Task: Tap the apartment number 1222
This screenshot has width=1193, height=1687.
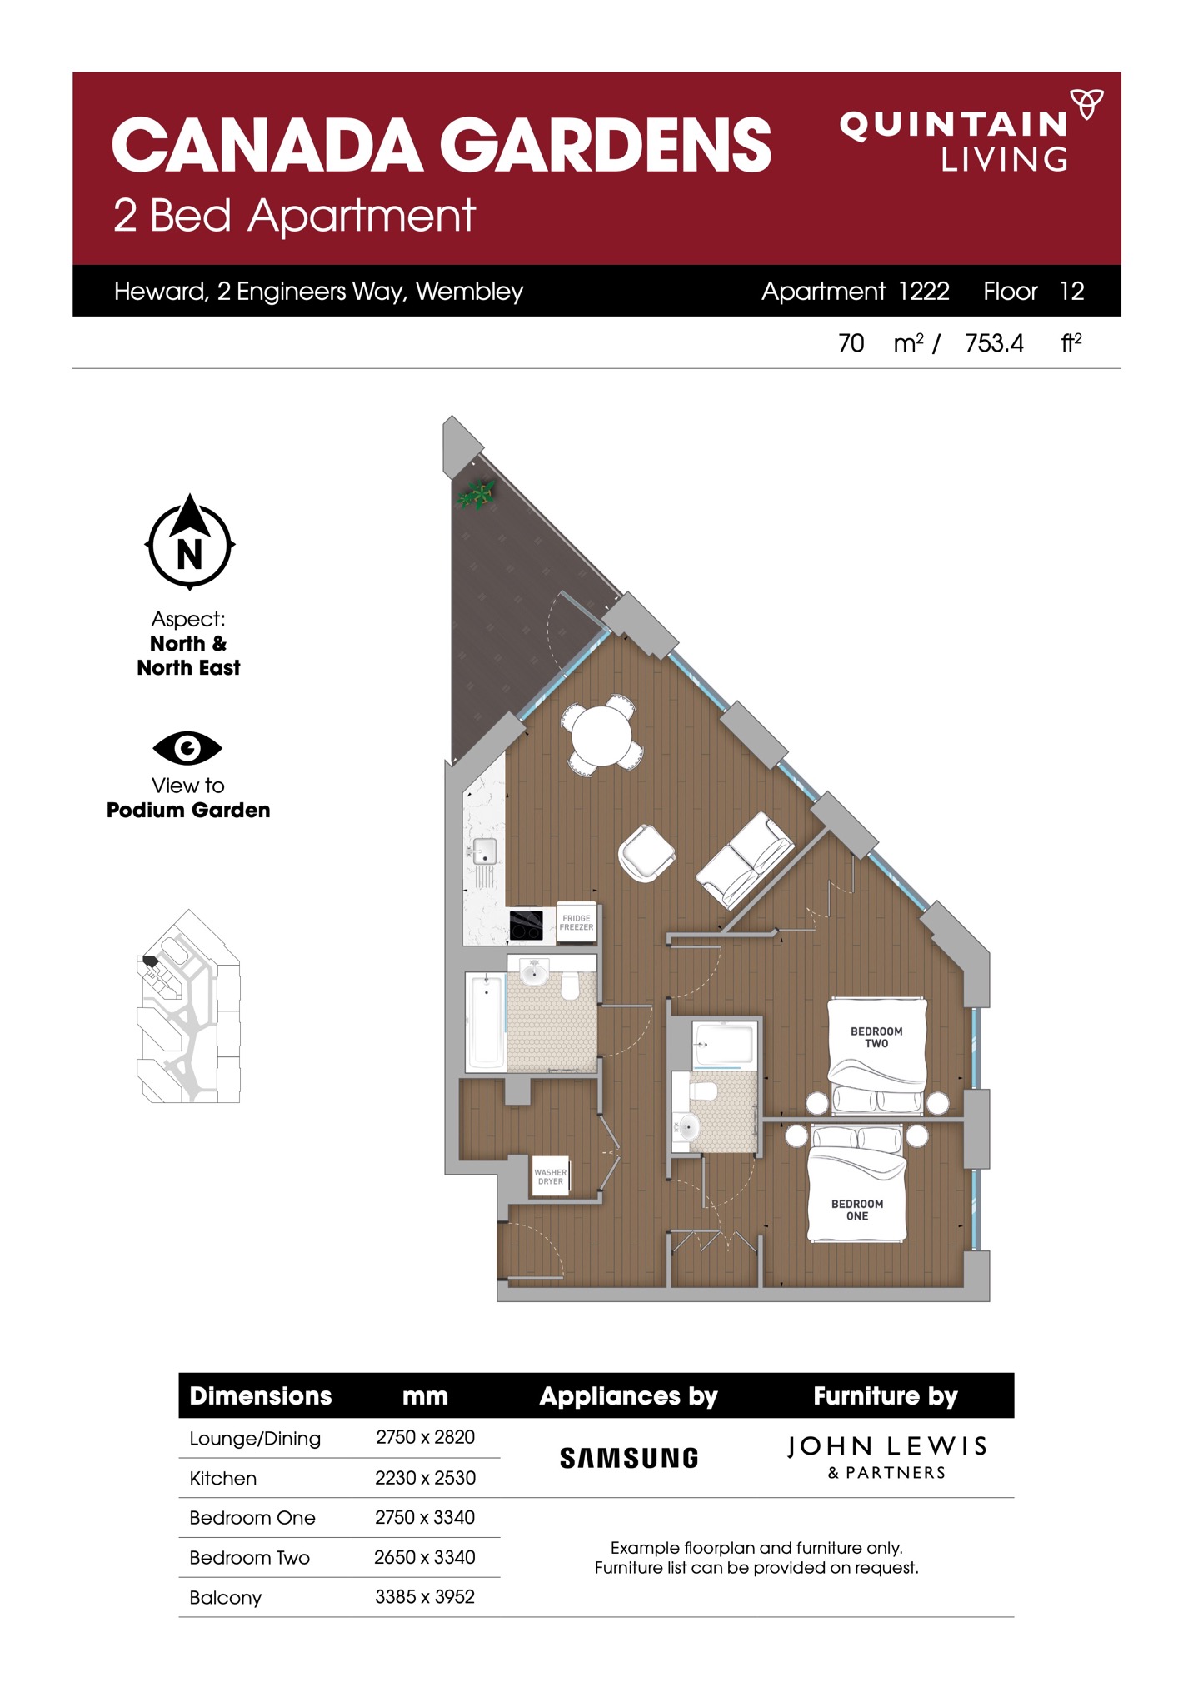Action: point(924,291)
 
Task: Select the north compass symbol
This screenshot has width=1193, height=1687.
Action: point(190,542)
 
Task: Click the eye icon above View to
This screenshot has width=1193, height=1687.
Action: point(187,748)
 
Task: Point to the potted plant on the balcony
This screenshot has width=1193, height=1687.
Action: point(476,495)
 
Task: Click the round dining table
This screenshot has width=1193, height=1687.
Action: point(601,734)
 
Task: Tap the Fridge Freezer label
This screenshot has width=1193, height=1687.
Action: point(577,922)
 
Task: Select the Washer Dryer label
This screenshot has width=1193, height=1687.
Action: point(551,1176)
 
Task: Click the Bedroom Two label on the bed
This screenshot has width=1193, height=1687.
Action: point(876,1037)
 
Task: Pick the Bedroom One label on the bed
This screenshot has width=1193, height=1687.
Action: point(857,1210)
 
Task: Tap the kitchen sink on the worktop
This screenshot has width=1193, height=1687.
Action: point(484,851)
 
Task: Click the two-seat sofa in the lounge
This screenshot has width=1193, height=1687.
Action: point(744,861)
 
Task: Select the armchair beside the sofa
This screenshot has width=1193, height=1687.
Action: point(646,852)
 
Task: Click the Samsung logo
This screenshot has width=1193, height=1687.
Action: point(629,1458)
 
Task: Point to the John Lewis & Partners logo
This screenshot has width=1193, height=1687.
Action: point(887,1457)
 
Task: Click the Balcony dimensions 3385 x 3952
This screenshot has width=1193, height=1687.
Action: point(425,1596)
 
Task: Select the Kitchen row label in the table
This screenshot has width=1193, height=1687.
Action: point(223,1478)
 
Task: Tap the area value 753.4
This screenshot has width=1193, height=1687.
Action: point(994,343)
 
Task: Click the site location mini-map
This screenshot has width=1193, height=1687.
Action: point(188,1006)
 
